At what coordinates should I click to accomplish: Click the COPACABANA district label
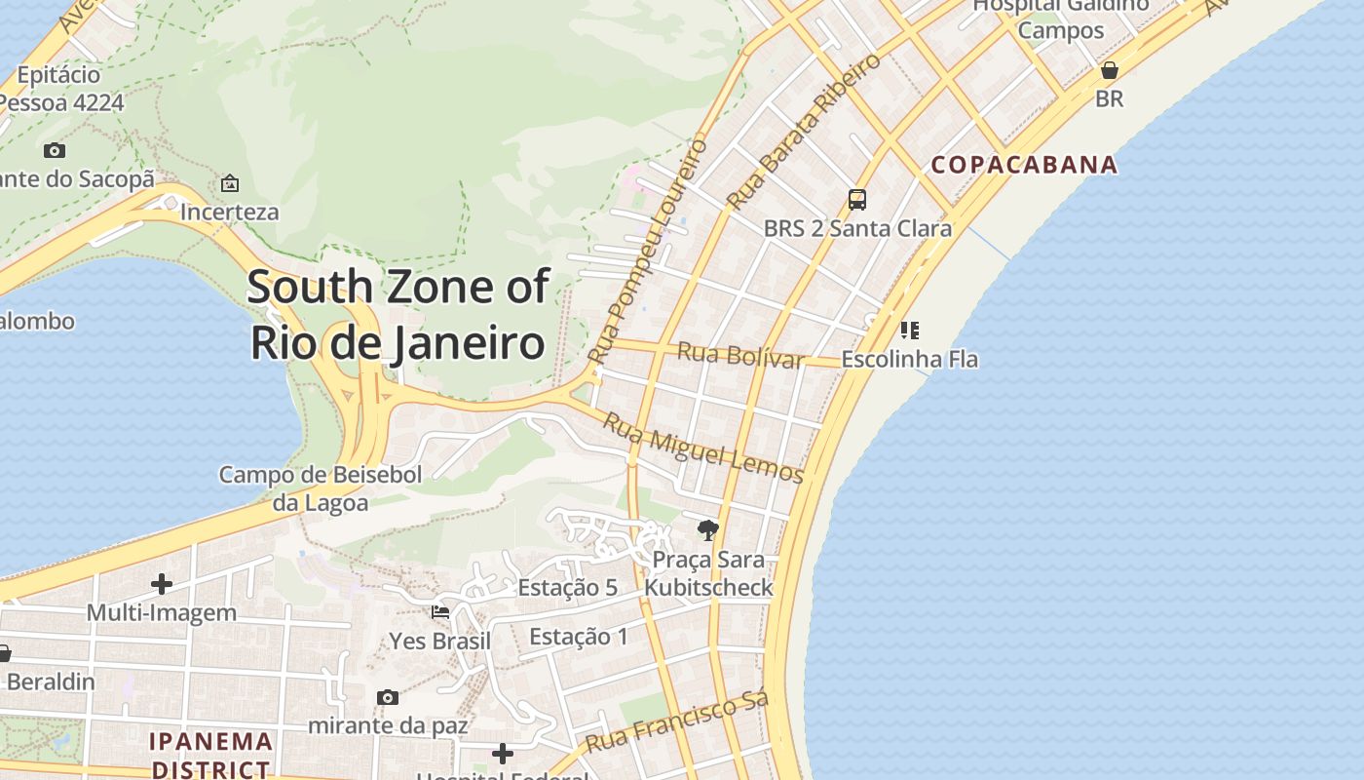point(1024,164)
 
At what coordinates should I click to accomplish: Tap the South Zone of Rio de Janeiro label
point(398,315)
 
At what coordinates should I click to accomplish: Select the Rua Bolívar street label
point(740,355)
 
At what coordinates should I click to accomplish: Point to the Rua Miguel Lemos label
point(702,448)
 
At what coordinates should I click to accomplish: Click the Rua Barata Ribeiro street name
point(804,131)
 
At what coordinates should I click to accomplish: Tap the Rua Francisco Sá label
point(677,722)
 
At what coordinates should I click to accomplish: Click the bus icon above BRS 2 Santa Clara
point(857,200)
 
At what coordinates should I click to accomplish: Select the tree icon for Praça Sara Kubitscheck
point(708,530)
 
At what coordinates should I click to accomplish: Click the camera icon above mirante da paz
point(388,697)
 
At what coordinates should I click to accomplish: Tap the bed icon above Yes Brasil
point(440,612)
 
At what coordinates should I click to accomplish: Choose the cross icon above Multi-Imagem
point(162,584)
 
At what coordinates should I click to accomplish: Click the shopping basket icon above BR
point(1109,70)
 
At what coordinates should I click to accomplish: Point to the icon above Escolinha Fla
point(910,331)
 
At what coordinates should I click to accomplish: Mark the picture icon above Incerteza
point(230,183)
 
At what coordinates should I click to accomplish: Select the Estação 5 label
point(567,588)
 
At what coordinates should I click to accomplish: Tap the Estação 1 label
point(579,637)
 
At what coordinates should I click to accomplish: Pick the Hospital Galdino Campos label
point(1061,17)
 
